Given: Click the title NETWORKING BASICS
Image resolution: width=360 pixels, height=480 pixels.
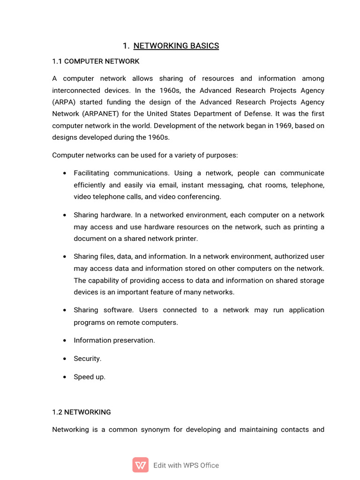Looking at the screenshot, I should tap(176, 45).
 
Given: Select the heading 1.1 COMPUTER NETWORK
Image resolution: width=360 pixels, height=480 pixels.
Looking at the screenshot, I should tap(96, 61).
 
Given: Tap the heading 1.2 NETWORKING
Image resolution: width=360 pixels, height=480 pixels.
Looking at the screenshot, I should tap(82, 412).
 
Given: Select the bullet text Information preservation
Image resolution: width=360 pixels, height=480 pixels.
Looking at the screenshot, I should tap(114, 340).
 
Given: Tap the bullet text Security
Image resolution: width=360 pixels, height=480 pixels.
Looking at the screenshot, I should tap(87, 359).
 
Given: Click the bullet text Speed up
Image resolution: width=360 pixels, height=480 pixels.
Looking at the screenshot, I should tap(90, 377).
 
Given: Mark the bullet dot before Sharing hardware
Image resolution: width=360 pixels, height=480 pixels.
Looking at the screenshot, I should tap(64, 215).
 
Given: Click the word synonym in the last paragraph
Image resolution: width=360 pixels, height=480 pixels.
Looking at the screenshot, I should tap(141, 429).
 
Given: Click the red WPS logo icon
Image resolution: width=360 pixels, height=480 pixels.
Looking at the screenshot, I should tap(141, 465).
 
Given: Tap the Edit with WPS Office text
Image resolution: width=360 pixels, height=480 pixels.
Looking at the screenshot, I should tap(186, 465).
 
